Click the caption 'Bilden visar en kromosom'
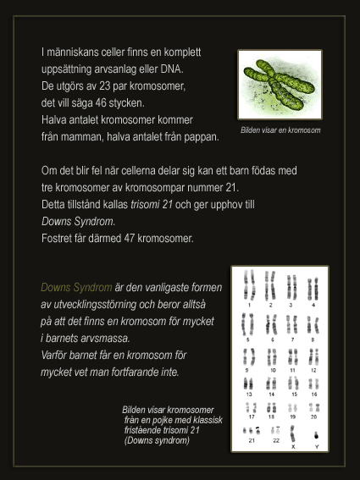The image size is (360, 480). pyautogui.click(x=280, y=130)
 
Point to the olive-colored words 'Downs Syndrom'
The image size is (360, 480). pyautogui.click(x=76, y=287)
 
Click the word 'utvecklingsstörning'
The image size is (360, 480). pyautogui.click(x=101, y=304)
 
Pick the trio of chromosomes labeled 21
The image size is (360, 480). pyautogui.click(x=252, y=430)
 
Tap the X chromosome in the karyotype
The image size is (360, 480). pyautogui.click(x=292, y=432)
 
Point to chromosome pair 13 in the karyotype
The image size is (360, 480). pyautogui.click(x=249, y=383)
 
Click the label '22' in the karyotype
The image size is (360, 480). pyautogui.click(x=274, y=441)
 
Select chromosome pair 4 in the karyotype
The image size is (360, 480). pyautogui.click(x=313, y=287)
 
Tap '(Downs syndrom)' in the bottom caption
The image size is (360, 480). pyautogui.click(x=158, y=440)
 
